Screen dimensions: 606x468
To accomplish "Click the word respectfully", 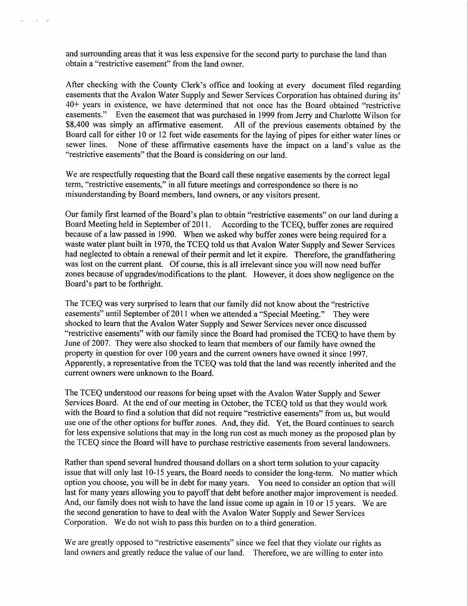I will pyautogui.click(x=108, y=175).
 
